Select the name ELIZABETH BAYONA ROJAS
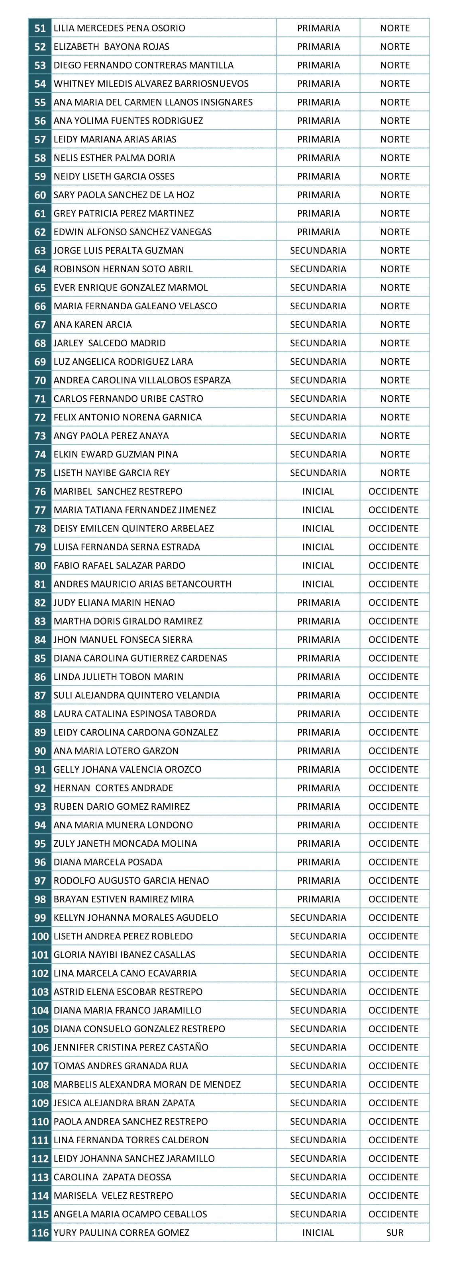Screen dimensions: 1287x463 (x=112, y=47)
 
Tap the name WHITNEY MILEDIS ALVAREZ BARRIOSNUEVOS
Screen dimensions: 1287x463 (x=151, y=84)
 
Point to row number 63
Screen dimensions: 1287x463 (x=40, y=251)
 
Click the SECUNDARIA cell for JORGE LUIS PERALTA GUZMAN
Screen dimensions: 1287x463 (x=318, y=251)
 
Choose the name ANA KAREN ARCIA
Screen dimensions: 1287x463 (x=92, y=325)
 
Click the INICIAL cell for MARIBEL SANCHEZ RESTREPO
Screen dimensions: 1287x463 (x=318, y=492)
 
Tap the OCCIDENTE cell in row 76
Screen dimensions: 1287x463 (x=394, y=492)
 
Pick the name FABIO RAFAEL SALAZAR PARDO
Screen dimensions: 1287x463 (x=120, y=566)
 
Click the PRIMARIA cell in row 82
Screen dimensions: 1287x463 (x=318, y=603)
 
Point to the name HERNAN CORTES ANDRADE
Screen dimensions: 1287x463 (x=114, y=788)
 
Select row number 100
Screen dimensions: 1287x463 (x=40, y=936)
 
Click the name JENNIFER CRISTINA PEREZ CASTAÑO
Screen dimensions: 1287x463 (x=131, y=1047)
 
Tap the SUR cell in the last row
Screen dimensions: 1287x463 (x=394, y=1232)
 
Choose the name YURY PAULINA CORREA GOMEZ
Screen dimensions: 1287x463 (x=122, y=1232)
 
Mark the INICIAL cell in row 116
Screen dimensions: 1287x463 (x=318, y=1232)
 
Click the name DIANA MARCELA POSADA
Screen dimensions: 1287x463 (x=108, y=862)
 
